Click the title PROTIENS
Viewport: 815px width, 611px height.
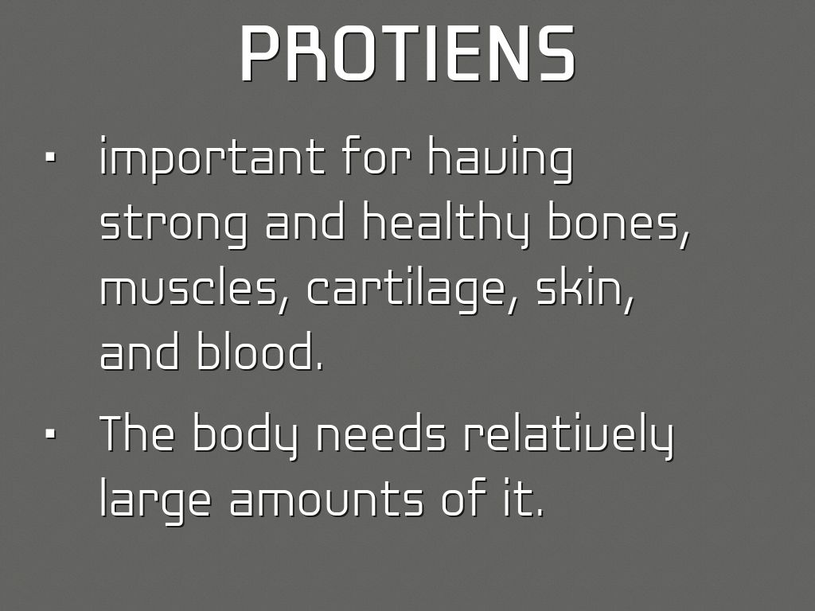pos(407,54)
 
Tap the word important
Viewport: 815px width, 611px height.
pos(212,157)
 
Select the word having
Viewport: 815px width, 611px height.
pos(500,158)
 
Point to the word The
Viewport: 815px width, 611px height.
pos(136,434)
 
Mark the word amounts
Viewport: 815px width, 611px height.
pos(326,500)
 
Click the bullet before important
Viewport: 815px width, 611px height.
pos(51,158)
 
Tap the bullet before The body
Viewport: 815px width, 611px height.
pos(51,434)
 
